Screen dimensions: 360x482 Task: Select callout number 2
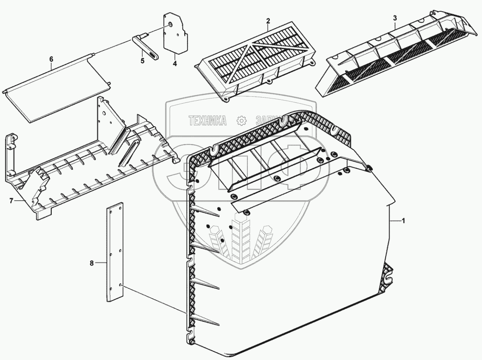pos(268,21)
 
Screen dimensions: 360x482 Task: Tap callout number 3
pos(395,18)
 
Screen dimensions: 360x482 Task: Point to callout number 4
pos(174,63)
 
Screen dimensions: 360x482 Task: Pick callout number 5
pos(142,61)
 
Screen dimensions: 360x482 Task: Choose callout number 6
pos(51,59)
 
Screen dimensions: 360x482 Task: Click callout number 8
pos(92,262)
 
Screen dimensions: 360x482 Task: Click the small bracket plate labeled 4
pos(176,37)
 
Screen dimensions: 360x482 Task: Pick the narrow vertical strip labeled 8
pos(114,252)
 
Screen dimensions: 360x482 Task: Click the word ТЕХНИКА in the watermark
pos(207,121)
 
